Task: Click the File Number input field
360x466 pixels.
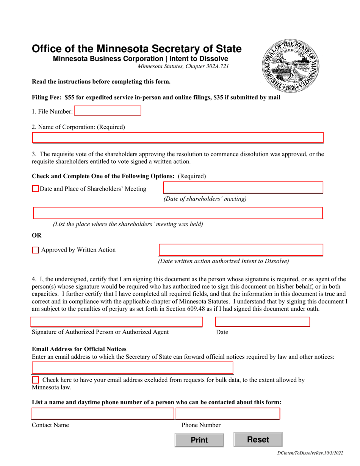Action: [x=107, y=111]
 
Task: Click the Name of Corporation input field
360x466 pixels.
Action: [x=177, y=138]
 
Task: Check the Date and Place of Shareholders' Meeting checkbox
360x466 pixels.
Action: [x=36, y=189]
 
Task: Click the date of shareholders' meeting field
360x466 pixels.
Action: [x=243, y=188]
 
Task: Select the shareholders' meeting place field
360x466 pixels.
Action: [x=177, y=213]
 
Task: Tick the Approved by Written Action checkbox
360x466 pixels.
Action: [x=36, y=250]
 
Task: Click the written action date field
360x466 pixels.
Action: [x=241, y=250]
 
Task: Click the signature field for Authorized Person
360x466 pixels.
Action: [x=116, y=322]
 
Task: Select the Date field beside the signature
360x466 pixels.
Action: [x=262, y=322]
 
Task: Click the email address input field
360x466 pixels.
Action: [x=132, y=368]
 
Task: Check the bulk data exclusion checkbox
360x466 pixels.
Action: [x=36, y=380]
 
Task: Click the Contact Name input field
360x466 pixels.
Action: [x=103, y=414]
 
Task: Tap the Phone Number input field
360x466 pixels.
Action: [x=228, y=414]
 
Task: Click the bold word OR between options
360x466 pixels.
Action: [x=37, y=235]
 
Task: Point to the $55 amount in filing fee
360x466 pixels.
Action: [x=69, y=97]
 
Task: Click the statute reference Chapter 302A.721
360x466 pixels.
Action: [x=208, y=66]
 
